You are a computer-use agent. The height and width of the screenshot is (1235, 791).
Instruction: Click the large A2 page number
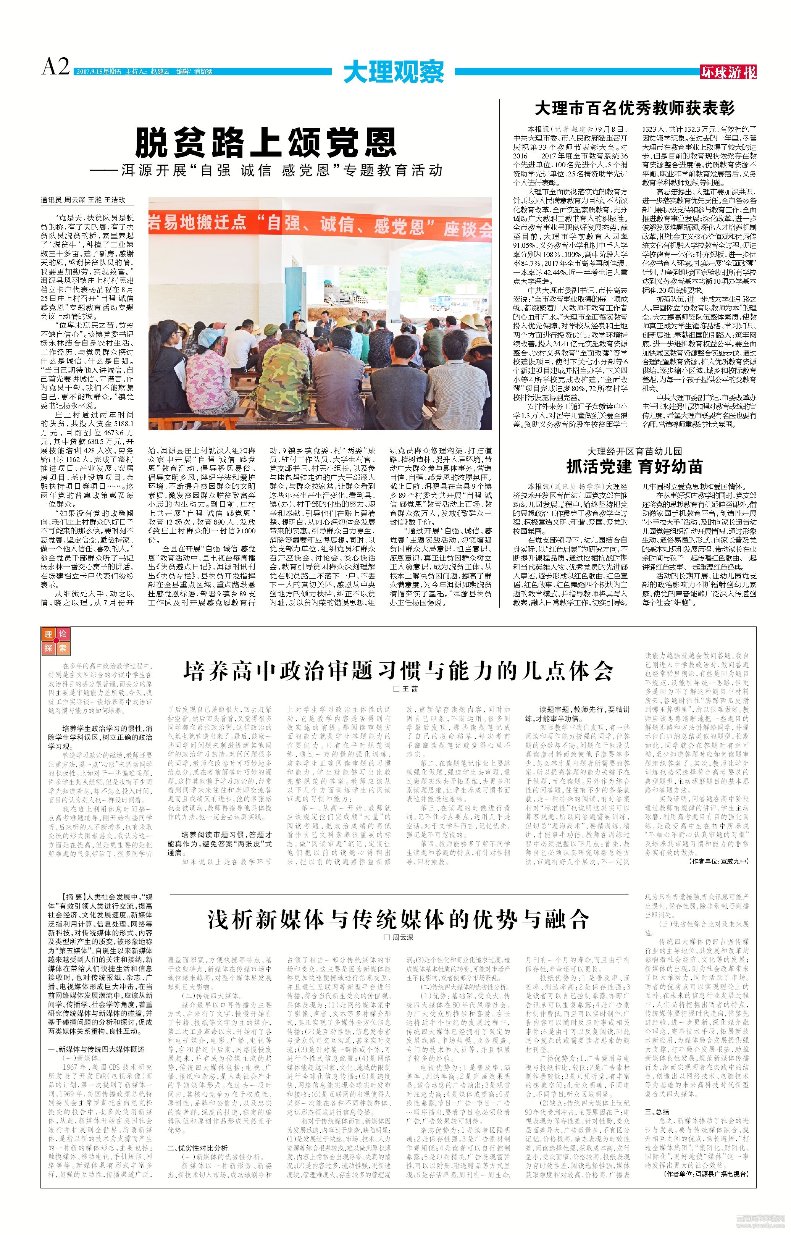[55, 67]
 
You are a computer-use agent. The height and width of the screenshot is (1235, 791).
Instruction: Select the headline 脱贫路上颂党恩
[266, 142]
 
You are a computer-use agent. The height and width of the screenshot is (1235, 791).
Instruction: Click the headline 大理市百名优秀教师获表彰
[634, 108]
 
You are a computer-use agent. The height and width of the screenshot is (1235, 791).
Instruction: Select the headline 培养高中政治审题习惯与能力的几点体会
[398, 671]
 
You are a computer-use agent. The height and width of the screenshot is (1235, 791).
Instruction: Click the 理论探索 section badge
[55, 641]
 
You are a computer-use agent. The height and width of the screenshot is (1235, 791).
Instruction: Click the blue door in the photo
[294, 293]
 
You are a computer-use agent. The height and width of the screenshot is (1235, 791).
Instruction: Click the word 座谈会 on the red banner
[468, 229]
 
